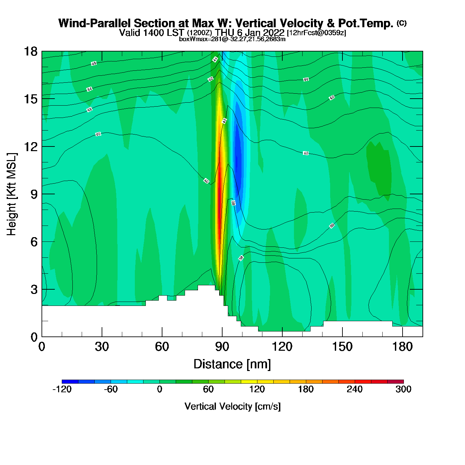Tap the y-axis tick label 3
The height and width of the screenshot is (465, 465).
pyautogui.click(x=34, y=289)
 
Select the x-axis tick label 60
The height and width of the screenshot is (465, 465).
pyautogui.click(x=162, y=347)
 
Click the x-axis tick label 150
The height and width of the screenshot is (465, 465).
pyautogui.click(x=342, y=347)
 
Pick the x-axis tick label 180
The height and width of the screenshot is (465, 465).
pyautogui.click(x=402, y=347)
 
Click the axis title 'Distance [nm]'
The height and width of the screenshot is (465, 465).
pyautogui.click(x=232, y=364)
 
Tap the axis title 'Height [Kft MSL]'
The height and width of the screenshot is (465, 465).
pyautogui.click(x=12, y=194)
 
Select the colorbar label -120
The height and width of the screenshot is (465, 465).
pyautogui.click(x=62, y=389)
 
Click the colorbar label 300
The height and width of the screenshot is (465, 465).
pyautogui.click(x=403, y=389)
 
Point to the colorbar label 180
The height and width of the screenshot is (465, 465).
pyautogui.click(x=306, y=389)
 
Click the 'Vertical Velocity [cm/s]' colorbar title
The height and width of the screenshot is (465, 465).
pyautogui.click(x=232, y=407)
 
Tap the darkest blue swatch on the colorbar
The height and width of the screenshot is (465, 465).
pyautogui.click(x=70, y=382)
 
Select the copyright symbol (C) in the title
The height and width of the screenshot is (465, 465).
pyautogui.click(x=402, y=23)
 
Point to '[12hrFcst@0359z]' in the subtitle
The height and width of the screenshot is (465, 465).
pyautogui.click(x=316, y=33)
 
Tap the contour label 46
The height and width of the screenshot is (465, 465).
pyautogui.click(x=94, y=63)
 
